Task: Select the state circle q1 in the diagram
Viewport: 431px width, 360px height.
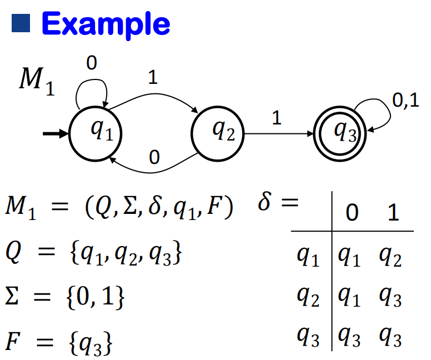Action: tap(95, 133)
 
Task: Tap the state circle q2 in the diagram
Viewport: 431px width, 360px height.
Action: tap(218, 133)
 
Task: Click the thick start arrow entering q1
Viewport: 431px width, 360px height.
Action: tap(56, 134)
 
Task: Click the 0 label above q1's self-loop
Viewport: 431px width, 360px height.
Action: tap(92, 64)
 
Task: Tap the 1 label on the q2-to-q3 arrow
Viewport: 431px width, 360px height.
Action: tap(276, 118)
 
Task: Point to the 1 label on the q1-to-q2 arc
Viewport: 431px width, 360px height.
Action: tap(153, 78)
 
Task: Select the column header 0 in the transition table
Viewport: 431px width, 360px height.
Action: tap(352, 214)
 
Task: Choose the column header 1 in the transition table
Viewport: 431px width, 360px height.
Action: tap(393, 214)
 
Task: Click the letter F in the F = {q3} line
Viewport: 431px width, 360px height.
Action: tap(13, 339)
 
